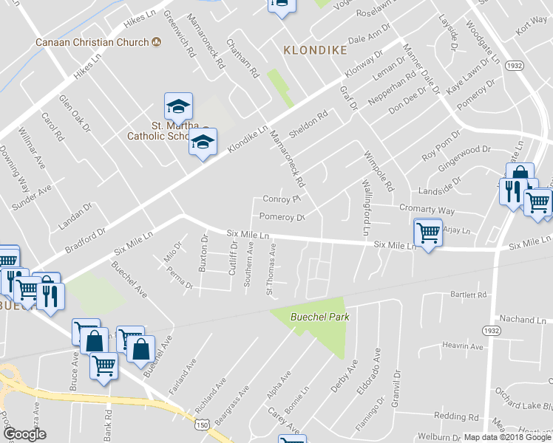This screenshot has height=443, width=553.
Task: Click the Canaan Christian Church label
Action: pos(92,42)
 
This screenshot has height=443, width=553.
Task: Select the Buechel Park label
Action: pos(319,317)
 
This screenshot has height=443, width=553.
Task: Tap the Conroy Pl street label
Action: pos(280,199)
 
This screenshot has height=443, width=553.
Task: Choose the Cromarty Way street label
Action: pos(427,210)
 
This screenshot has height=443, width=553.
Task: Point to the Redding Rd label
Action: pos(451,416)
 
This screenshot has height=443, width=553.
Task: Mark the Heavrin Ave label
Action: pos(461,346)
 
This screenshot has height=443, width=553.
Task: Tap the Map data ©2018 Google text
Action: pos(506,437)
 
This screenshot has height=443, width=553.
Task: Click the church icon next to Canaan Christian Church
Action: pos(156,42)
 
